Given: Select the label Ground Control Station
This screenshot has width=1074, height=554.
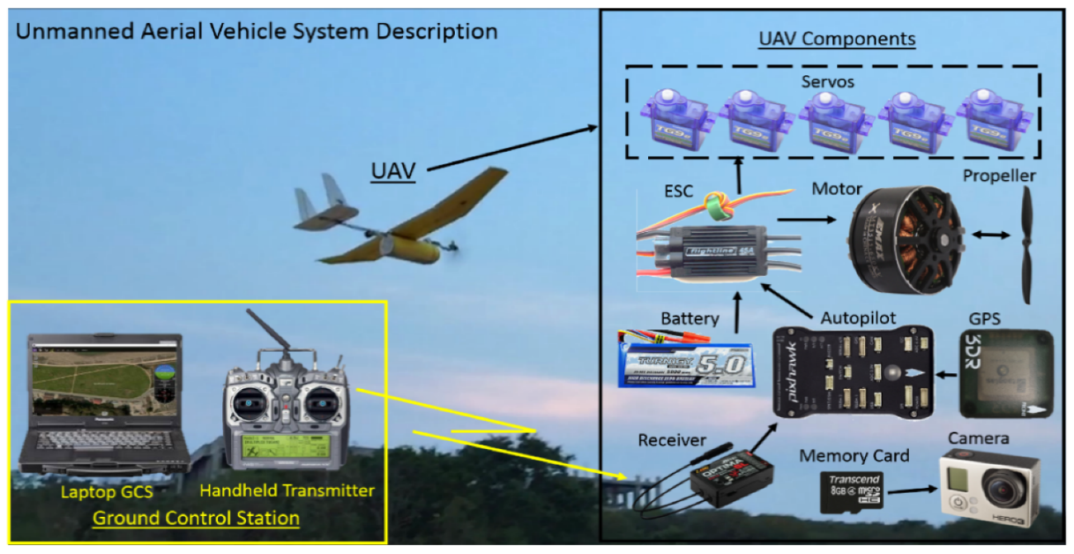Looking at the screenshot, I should point(196,518).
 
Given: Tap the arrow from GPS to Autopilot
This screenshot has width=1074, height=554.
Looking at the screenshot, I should point(947,376).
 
